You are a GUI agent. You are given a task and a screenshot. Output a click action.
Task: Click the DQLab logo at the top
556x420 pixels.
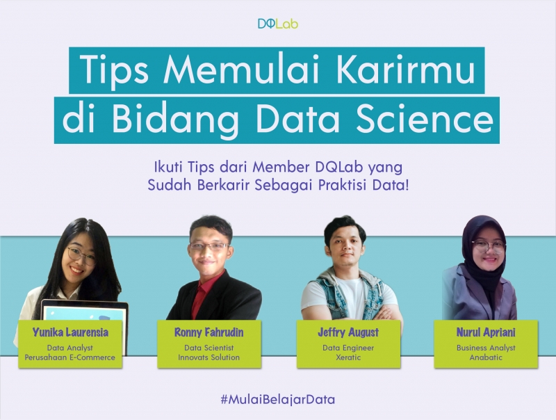[x=278, y=24]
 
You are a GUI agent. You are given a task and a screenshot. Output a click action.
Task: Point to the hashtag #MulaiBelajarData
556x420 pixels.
[x=278, y=400]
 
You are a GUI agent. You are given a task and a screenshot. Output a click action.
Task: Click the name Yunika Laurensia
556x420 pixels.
[x=70, y=332]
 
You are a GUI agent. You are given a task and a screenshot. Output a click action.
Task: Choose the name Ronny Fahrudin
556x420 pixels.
[x=208, y=332]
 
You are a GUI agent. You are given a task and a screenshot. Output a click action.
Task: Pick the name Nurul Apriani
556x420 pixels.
[x=486, y=332]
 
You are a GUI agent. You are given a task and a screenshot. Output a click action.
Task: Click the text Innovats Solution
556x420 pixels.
[x=208, y=357]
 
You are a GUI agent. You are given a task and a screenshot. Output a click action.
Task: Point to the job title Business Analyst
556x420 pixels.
[x=486, y=347]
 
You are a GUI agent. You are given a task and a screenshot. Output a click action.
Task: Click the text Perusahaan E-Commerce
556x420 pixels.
[x=70, y=357]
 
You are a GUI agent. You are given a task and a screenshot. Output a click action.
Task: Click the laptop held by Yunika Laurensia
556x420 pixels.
[x=83, y=309]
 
